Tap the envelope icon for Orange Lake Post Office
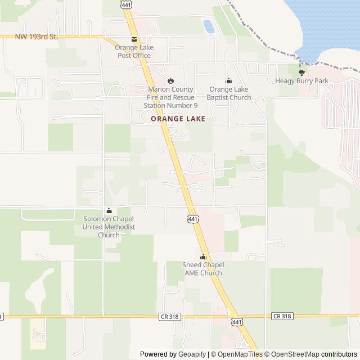pos(134,39)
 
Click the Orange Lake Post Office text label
pos(135,51)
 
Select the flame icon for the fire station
pos(171,81)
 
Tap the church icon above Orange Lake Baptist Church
pos(228,81)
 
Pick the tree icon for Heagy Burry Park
pos(301,73)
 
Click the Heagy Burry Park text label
pos(301,81)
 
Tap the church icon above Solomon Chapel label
pos(109,211)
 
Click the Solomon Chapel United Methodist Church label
pos(109,227)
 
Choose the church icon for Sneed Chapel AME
pos(203,257)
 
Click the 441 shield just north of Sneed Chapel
pos(193,218)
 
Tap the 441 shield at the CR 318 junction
pos(237,320)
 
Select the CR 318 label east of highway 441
pos(282,316)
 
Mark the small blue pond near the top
pos(208,26)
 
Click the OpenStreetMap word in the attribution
pos(293,354)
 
